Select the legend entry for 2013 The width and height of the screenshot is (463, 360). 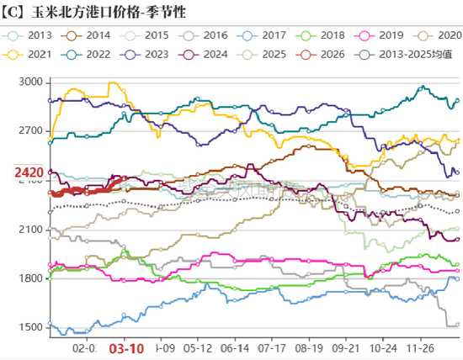coord(34,36)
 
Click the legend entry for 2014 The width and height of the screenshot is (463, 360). coord(93,36)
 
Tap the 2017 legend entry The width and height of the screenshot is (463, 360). coord(269,36)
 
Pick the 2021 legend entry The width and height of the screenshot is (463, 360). coord(34,55)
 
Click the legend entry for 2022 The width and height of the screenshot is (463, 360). coord(93,55)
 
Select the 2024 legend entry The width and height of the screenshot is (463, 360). coord(210,55)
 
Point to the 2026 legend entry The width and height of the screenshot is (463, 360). coord(328,55)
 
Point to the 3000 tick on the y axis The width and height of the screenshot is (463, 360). coord(29,82)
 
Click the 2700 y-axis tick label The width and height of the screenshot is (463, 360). coord(29,131)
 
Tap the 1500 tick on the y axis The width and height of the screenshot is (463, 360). coord(29,327)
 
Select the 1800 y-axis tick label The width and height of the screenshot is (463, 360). coord(29,278)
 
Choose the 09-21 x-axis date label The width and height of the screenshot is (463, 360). coord(343,347)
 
